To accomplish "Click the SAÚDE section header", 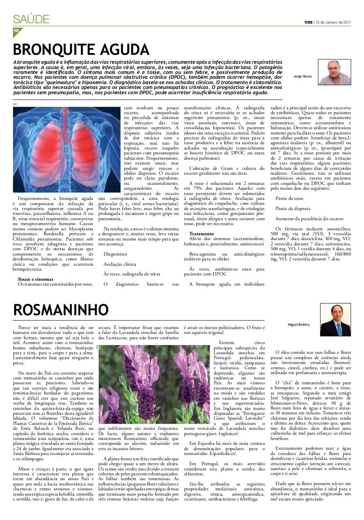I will click(31, 19).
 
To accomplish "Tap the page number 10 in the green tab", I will click(16, 30).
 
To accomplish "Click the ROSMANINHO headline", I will click(61, 310).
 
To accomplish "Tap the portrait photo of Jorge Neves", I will click(334, 72).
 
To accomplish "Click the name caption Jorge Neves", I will click(302, 76).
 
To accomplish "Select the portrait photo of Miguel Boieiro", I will click(335, 320).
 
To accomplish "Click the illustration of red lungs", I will click(64, 149).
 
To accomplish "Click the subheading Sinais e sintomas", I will click(36, 279).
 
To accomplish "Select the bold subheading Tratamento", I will click(201, 234).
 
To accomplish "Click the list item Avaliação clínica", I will click(120, 264).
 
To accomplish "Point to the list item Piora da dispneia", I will click(290, 208).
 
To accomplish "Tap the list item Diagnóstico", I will click(115, 253).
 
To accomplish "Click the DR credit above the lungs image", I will click(15, 104).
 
